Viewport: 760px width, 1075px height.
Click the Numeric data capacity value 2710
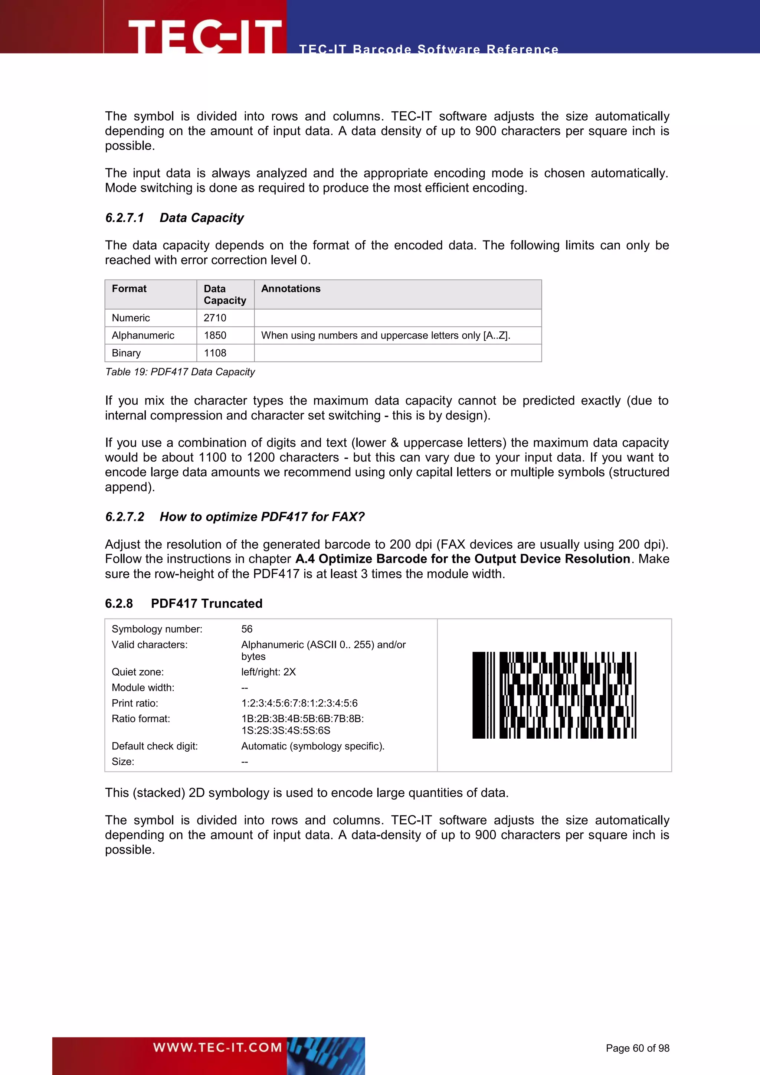pyautogui.click(x=215, y=318)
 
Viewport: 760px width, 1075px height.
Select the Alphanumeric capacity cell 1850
pyautogui.click(x=215, y=335)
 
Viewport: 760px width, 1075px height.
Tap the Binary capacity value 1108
pyautogui.click(x=215, y=353)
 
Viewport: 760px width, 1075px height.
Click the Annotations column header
pyautogui.click(x=291, y=289)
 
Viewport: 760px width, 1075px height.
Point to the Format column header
pyautogui.click(x=129, y=289)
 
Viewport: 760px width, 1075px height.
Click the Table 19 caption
pyautogui.click(x=180, y=372)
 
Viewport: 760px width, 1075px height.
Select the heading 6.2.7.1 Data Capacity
pyautogui.click(x=174, y=218)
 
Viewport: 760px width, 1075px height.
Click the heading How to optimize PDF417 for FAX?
pyautogui.click(x=262, y=517)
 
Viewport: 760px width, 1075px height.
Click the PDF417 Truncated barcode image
pyautogui.click(x=554, y=695)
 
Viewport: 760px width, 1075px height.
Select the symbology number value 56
pyautogui.click(x=247, y=629)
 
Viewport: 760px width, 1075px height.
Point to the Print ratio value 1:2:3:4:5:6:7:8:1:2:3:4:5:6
pyautogui.click(x=299, y=703)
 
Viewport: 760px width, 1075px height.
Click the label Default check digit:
pyautogui.click(x=154, y=746)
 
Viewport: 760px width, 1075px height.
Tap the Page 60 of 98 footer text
pyautogui.click(x=638, y=1048)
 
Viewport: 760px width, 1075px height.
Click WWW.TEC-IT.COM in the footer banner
pyautogui.click(x=217, y=1048)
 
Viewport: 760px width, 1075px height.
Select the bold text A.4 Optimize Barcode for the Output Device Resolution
pyautogui.click(x=463, y=559)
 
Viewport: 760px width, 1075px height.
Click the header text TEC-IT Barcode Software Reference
pyautogui.click(x=429, y=49)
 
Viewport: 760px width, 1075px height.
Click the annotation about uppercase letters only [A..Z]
pyautogui.click(x=386, y=335)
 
